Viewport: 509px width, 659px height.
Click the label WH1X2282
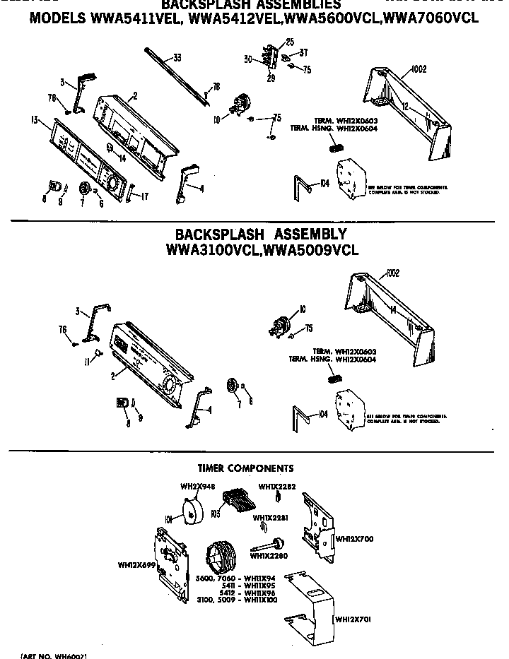point(272,486)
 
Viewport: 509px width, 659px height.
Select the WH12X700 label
point(353,539)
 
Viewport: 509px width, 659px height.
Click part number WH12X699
point(136,564)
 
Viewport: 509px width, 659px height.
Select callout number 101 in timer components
point(169,519)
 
